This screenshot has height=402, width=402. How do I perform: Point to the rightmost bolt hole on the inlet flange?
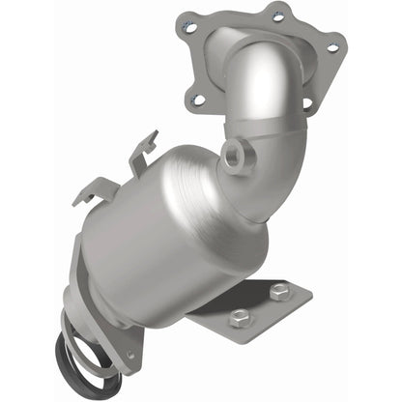click(333, 46)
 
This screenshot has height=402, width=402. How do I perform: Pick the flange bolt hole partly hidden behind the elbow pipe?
click(308, 104)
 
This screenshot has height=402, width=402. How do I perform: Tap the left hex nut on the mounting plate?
click(239, 316)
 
